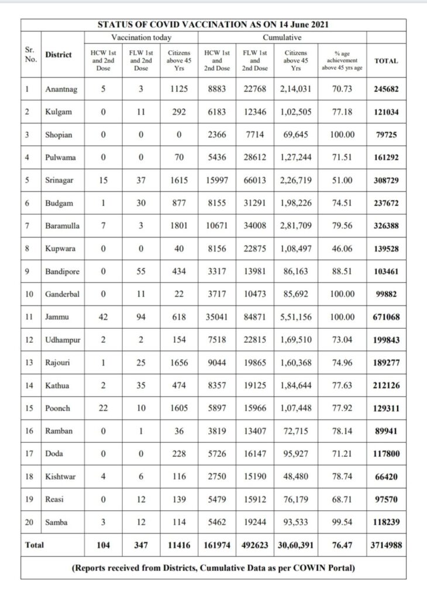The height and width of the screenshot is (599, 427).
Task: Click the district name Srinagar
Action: (59, 181)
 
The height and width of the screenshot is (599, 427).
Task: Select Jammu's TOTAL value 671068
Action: (386, 317)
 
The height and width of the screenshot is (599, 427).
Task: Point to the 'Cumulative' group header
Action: (285, 37)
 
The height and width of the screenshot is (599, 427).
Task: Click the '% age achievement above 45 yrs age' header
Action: (342, 60)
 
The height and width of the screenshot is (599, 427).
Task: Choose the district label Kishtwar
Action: (60, 477)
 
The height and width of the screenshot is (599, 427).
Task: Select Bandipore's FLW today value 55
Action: (140, 271)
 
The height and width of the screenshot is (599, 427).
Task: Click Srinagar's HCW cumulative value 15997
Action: (216, 181)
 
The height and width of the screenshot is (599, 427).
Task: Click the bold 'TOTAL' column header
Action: (386, 60)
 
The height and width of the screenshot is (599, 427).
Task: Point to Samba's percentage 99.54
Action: (342, 522)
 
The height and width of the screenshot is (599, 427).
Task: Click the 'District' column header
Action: (58, 55)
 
